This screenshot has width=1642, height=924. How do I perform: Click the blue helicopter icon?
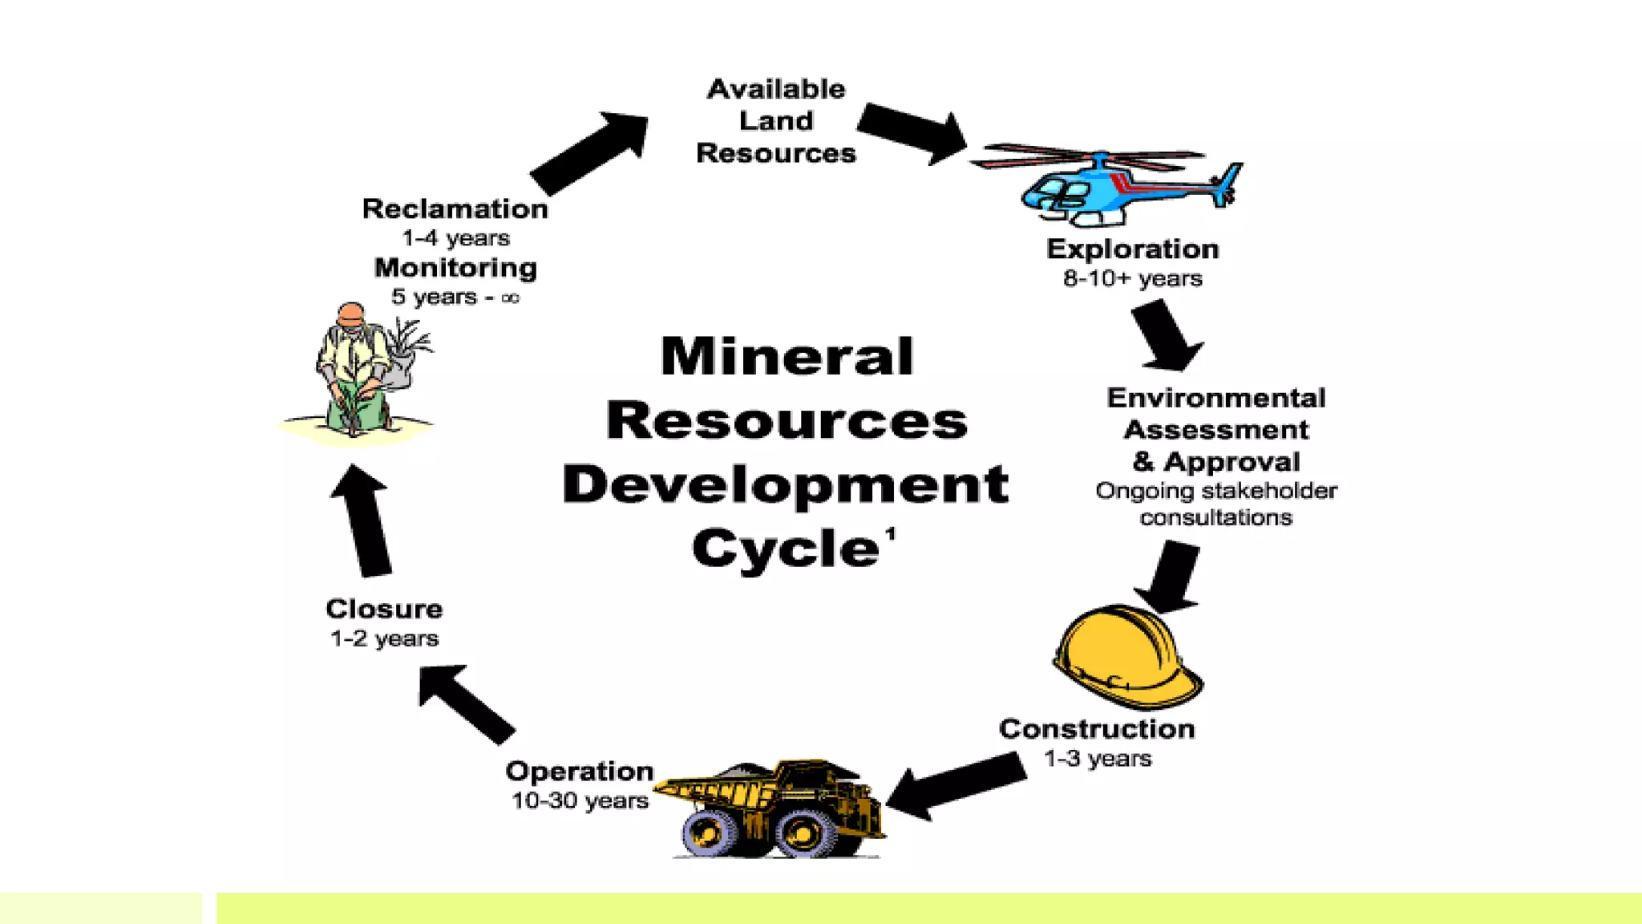point(1114,186)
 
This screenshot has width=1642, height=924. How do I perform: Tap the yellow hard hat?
point(1126,656)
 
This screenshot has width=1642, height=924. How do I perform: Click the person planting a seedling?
point(357,371)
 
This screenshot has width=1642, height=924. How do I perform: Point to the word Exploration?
point(1132,249)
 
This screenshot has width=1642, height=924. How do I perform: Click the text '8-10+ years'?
point(1132,279)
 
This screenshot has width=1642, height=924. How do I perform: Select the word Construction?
point(1097,729)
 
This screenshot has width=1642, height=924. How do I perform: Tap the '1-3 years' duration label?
point(1097,759)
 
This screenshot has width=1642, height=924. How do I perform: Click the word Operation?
point(580,772)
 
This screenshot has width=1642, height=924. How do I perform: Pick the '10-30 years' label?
point(580,801)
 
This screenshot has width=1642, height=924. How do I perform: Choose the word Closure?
point(384,610)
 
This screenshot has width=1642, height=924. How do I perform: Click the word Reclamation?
point(455,209)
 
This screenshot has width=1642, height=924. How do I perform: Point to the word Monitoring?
point(455,268)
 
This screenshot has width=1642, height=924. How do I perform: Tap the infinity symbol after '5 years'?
point(510,298)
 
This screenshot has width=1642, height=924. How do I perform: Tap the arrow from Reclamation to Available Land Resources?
point(589,152)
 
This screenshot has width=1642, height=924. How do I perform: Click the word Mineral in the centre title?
point(787,356)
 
